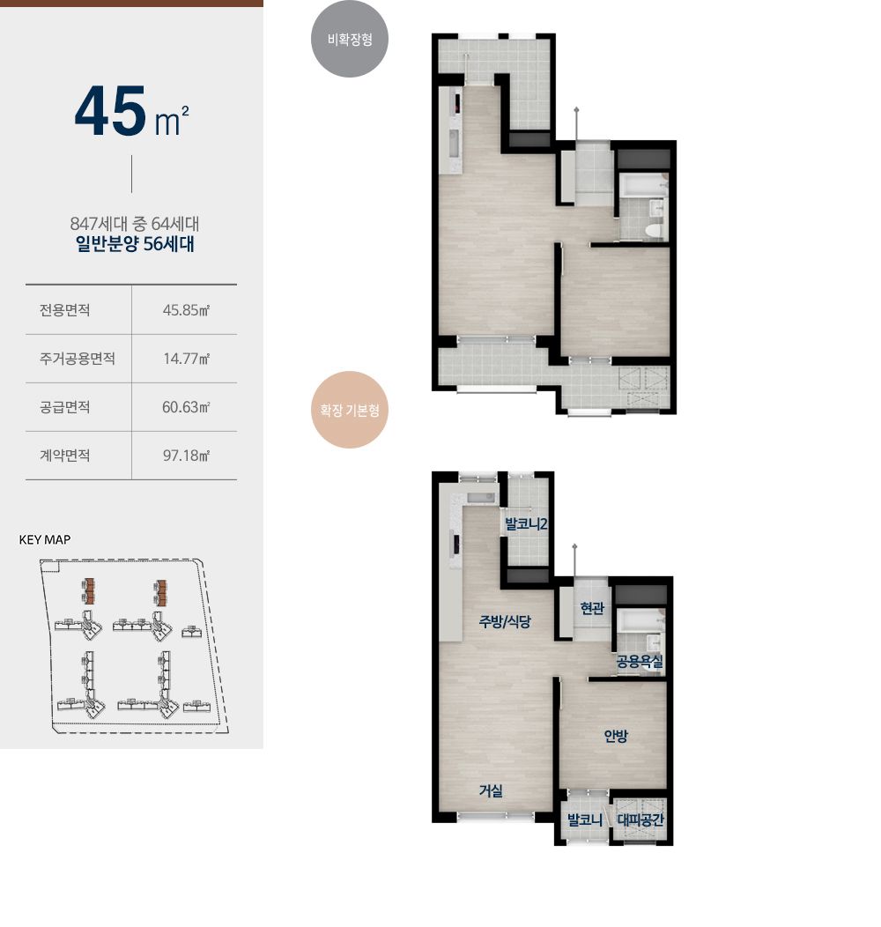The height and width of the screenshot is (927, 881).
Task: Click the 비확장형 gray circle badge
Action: tap(350, 39)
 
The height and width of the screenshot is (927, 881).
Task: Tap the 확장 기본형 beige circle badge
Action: tap(350, 410)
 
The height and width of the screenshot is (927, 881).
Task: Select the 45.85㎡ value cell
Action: tap(186, 310)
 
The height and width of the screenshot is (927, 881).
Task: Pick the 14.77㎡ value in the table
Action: tap(186, 359)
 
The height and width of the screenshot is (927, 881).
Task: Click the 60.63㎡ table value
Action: tap(186, 407)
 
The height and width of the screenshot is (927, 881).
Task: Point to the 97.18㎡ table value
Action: tap(186, 456)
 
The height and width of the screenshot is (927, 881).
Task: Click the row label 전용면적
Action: tap(64, 310)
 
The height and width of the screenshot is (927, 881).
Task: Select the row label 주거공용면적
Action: tap(77, 359)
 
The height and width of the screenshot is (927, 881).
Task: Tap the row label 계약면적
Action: tap(64, 456)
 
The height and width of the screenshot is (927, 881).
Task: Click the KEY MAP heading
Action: tap(45, 540)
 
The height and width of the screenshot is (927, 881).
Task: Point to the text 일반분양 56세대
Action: tap(135, 243)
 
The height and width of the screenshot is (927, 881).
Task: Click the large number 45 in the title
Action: tap(111, 111)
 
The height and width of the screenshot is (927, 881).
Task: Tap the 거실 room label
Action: tap(491, 790)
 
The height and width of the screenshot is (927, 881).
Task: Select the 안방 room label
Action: tap(616, 736)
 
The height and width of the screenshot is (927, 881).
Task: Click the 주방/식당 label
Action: tap(505, 621)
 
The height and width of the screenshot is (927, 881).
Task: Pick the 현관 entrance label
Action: tap(592, 608)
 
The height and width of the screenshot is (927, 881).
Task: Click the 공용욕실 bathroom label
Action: tap(640, 662)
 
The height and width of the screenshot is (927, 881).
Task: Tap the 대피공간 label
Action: tap(640, 820)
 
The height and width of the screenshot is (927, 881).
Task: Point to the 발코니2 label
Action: tap(526, 523)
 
